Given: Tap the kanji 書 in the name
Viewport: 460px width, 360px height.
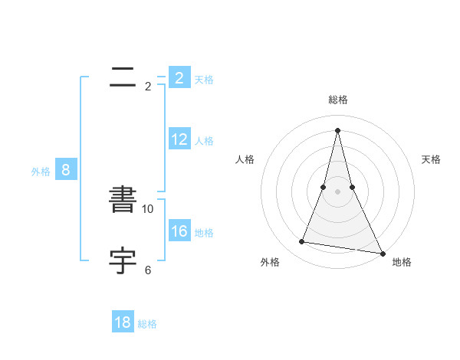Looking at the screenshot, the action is coord(123,200).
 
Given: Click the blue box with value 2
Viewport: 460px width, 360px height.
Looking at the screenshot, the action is coord(179,78).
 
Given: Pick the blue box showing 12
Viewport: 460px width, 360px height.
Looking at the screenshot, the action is coord(179,139).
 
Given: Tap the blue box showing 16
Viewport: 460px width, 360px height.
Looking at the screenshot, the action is coord(179,231).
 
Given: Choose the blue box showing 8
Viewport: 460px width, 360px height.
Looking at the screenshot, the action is coord(66,170).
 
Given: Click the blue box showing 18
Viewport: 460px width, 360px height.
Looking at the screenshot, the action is coord(123,322).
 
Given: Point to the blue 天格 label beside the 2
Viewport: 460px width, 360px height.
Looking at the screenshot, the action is coord(204,79).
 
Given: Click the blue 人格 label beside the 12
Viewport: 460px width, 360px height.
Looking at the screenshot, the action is coord(204,141).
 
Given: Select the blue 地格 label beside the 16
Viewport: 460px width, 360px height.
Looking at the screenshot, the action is coord(204,233).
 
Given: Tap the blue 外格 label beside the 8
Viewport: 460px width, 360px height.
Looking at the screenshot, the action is coord(41,172).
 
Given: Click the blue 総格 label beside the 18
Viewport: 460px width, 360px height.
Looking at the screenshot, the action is coord(147,324).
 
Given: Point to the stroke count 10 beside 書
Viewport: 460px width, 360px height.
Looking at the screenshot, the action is coord(148,209).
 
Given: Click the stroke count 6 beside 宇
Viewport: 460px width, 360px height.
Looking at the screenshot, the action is coord(148,270).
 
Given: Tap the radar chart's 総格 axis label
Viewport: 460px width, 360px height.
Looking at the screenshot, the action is coord(338,100).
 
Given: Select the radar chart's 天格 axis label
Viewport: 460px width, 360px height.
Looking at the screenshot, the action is coord(431,159).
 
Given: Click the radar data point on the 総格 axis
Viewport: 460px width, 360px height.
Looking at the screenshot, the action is coord(338,129).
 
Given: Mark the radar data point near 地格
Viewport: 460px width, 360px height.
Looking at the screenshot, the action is coord(382,254).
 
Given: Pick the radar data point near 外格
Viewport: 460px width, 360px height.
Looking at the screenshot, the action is coord(302,242).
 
